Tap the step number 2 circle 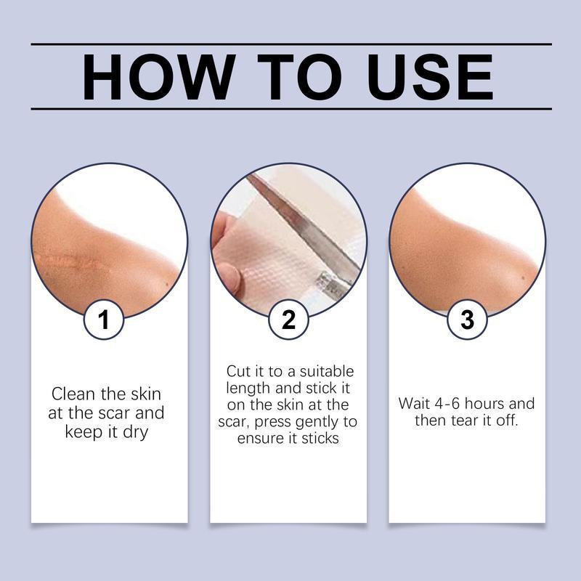pyautogui.click(x=288, y=320)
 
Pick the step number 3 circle pyautogui.click(x=468, y=320)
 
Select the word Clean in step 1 pyautogui.click(x=74, y=394)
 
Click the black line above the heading pyautogui.click(x=290, y=44)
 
